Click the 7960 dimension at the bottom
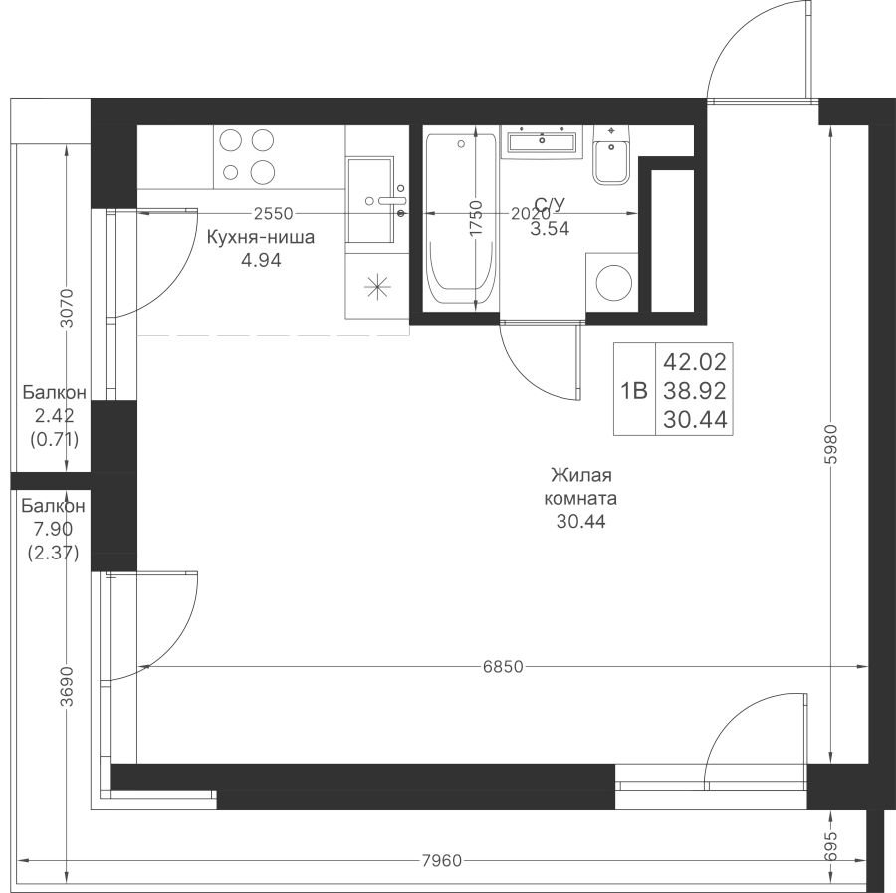pyautogui.click(x=441, y=860)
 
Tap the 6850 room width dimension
pyautogui.click(x=503, y=666)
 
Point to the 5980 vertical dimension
pyautogui.click(x=831, y=444)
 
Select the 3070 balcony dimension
pyautogui.click(x=67, y=308)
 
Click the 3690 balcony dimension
pyautogui.click(x=67, y=686)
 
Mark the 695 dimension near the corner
pyautogui.click(x=831, y=847)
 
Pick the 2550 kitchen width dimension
pyautogui.click(x=273, y=214)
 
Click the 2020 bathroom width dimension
pyautogui.click(x=531, y=214)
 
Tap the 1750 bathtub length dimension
pyautogui.click(x=476, y=217)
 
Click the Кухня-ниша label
pyautogui.click(x=261, y=237)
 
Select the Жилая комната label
pyautogui.click(x=580, y=486)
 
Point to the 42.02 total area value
pyautogui.click(x=695, y=361)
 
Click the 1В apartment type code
pyautogui.click(x=634, y=391)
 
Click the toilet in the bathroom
pyautogui.click(x=611, y=155)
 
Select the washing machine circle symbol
pyautogui.click(x=614, y=283)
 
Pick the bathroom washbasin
pyautogui.click(x=542, y=141)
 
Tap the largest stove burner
pyautogui.click(x=262, y=171)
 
